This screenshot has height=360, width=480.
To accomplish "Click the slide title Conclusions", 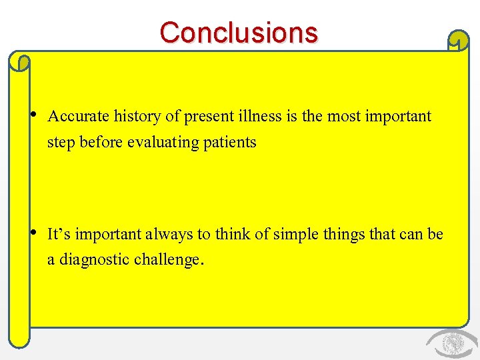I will click(239, 33).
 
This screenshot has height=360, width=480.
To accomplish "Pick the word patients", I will click(231, 143).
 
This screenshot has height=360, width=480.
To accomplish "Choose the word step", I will click(61, 143).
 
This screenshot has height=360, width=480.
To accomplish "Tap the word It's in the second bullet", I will click(59, 234).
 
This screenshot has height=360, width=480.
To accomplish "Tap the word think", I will click(229, 234).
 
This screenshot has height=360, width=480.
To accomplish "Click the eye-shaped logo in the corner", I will click(451, 344).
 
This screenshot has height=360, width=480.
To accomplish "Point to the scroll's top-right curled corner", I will click(458, 42).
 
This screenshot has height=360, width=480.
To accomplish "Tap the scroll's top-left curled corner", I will click(21, 63).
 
